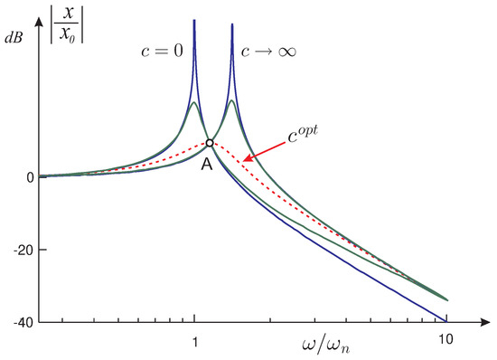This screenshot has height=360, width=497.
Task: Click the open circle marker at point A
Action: point(210,142)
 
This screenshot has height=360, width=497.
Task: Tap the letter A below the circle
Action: point(207,164)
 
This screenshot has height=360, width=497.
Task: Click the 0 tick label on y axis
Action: point(30,177)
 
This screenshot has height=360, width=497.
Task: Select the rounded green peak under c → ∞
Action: point(232,100)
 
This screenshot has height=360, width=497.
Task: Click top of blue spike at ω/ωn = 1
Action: point(194,21)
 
